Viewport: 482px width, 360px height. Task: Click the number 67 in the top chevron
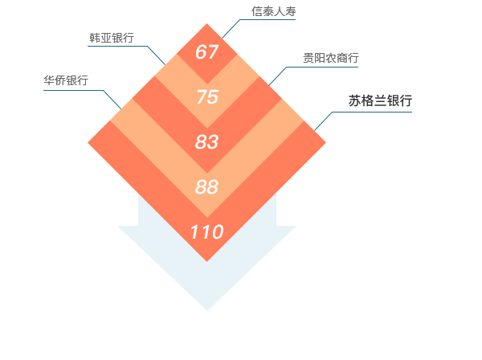(206, 52)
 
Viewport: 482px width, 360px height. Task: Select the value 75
(206, 97)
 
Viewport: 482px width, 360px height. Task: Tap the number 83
(206, 142)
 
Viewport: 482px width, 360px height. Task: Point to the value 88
(206, 187)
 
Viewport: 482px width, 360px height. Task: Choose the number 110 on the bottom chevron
(206, 232)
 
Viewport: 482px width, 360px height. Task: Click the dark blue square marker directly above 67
(231, 28)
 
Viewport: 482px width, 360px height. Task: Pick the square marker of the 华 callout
(112, 99)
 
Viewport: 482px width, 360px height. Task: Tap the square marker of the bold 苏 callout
(323, 121)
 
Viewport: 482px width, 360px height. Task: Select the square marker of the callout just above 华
(156, 55)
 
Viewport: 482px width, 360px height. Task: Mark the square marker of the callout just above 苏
(277, 76)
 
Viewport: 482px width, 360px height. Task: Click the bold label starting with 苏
(380, 101)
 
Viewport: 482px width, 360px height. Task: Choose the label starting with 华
(65, 80)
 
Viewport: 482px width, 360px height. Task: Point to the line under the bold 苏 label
(374, 112)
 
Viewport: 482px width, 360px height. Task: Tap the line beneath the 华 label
(72, 91)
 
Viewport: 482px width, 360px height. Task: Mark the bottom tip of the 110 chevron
(206, 260)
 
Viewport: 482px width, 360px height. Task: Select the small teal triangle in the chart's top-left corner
(92, 27)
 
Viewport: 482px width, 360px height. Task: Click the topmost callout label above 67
(273, 10)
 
